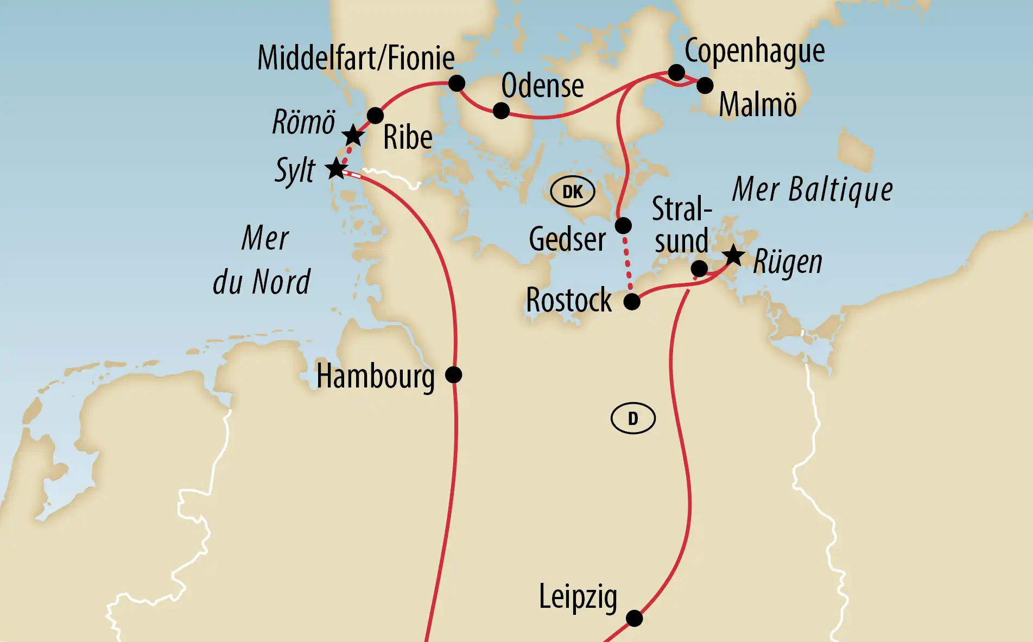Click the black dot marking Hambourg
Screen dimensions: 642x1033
click(x=453, y=374)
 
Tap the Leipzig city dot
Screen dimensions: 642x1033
click(x=634, y=618)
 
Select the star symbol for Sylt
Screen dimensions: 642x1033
click(x=336, y=169)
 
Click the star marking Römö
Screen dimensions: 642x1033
click(x=353, y=135)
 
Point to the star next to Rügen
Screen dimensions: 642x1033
click(x=733, y=255)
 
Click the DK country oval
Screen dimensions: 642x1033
click(x=573, y=192)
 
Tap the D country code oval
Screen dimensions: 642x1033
click(x=633, y=418)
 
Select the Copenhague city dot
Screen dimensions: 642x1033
click(x=676, y=72)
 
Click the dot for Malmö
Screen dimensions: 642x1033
click(x=705, y=85)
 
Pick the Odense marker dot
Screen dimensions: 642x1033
click(x=501, y=111)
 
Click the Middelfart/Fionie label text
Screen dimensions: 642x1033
click(x=356, y=58)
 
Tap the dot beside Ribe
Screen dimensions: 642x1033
click(x=375, y=116)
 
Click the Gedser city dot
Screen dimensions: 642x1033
click(x=623, y=225)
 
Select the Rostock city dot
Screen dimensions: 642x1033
click(x=632, y=302)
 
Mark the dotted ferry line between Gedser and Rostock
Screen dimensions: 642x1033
click(x=628, y=263)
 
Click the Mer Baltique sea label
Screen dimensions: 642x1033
click(x=812, y=190)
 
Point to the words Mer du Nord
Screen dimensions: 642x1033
click(x=263, y=260)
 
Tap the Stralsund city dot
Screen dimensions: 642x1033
click(x=699, y=268)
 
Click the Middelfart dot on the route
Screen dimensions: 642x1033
click(x=457, y=83)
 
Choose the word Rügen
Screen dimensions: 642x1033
click(x=788, y=263)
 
